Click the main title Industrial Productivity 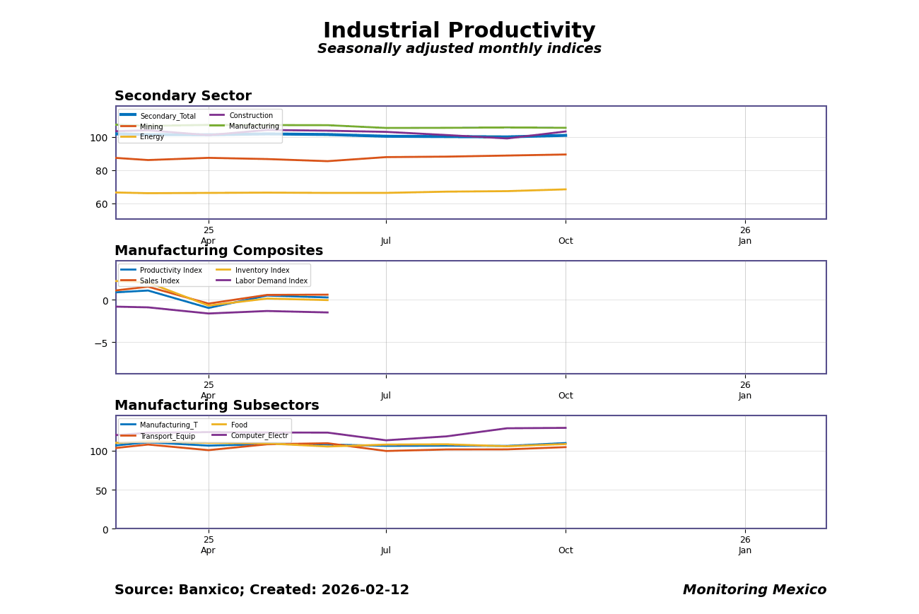click(x=459, y=31)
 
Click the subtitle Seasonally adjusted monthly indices click(x=459, y=49)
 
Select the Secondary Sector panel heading click(x=182, y=96)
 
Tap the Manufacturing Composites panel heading click(x=218, y=251)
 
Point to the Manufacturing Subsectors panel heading click(x=216, y=406)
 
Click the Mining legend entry click(x=151, y=127)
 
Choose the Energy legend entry click(x=151, y=137)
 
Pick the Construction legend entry click(x=250, y=116)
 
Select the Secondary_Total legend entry click(x=168, y=117)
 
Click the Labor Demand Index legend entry click(x=271, y=281)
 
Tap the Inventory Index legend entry click(x=262, y=271)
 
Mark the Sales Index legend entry click(x=159, y=281)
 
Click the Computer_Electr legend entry click(x=259, y=436)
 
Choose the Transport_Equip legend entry click(x=167, y=437)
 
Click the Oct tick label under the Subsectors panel click(x=566, y=550)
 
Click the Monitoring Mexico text click(x=754, y=590)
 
